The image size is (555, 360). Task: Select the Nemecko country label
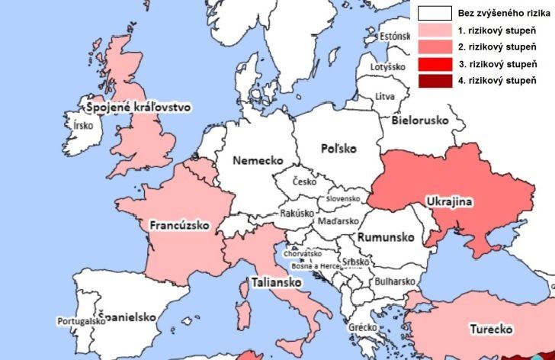(258, 161)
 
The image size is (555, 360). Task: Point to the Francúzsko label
(179, 226)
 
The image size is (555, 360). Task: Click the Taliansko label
(275, 283)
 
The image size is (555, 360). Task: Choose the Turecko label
(489, 329)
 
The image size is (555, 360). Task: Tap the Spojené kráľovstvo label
(138, 108)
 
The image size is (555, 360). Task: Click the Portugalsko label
(81, 322)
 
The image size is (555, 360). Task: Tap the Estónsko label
(396, 36)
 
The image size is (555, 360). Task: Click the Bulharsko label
(394, 280)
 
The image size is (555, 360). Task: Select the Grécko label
(363, 327)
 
